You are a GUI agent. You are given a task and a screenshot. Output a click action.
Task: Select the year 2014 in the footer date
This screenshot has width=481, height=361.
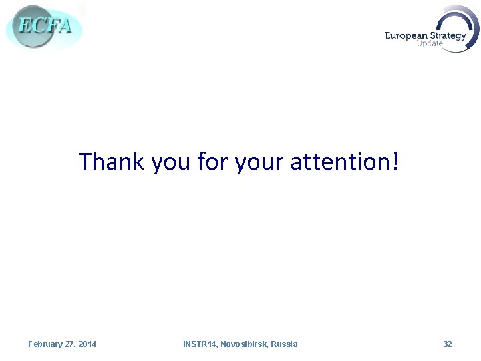tap(87, 344)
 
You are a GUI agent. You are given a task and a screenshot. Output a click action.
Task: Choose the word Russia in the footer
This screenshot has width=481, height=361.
tap(285, 344)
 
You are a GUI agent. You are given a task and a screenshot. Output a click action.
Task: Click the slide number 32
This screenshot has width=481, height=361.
tap(448, 344)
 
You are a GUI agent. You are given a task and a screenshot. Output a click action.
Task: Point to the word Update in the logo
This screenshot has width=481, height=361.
tap(430, 44)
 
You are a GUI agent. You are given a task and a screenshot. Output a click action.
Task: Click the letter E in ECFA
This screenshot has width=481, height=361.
tap(24, 25)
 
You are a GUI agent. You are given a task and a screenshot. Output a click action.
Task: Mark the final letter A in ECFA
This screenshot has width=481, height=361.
tap(64, 27)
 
